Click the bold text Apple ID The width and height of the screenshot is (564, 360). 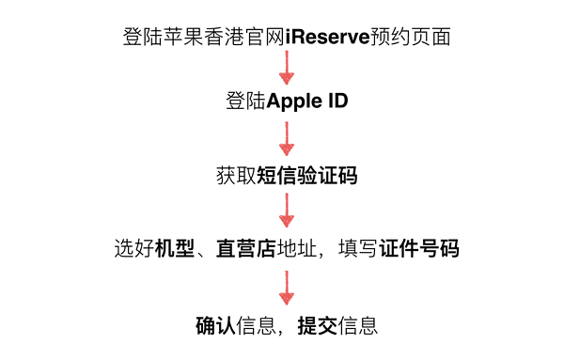coord(308,100)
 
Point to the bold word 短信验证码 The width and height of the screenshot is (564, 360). coord(305,175)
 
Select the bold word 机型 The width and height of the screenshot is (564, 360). coord(176,250)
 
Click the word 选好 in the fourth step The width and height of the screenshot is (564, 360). coord(133,250)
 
